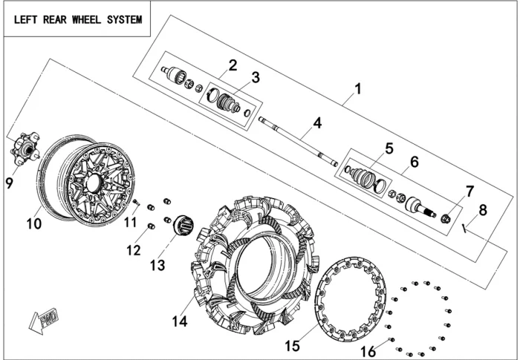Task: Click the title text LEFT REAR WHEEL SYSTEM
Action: [77, 19]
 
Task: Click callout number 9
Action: [10, 183]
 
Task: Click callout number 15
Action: [292, 346]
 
